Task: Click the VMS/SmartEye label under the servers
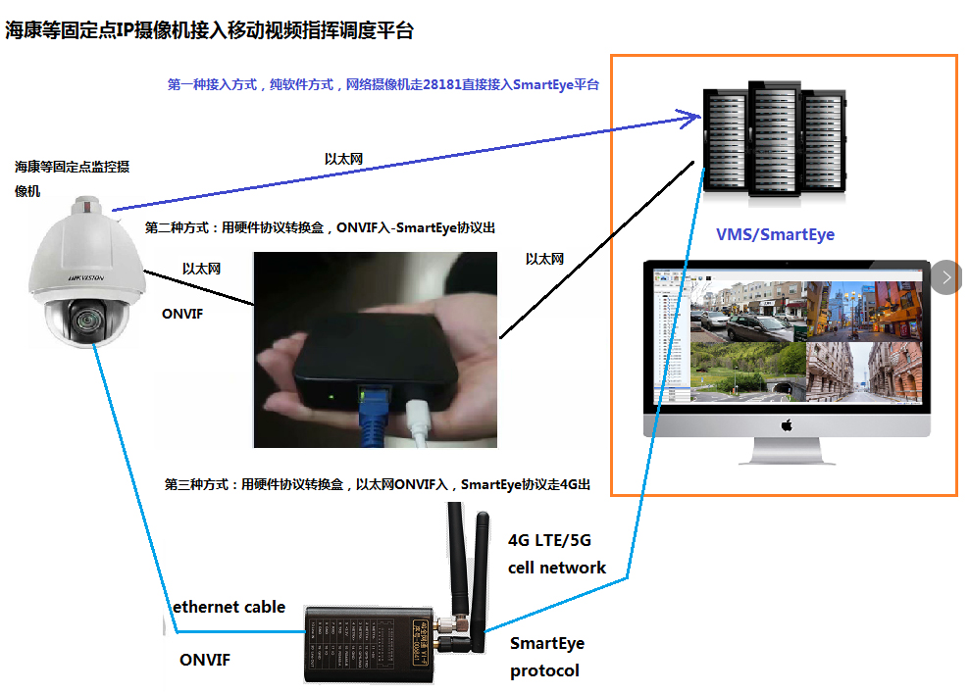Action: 775,234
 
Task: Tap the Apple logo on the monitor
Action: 785,425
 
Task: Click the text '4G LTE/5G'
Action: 549,540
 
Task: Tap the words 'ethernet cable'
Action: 229,607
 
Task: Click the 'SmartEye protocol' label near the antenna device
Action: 546,657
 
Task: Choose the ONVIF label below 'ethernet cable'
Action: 205,660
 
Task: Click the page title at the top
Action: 209,30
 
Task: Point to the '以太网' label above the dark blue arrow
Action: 344,159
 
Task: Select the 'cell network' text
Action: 556,568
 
